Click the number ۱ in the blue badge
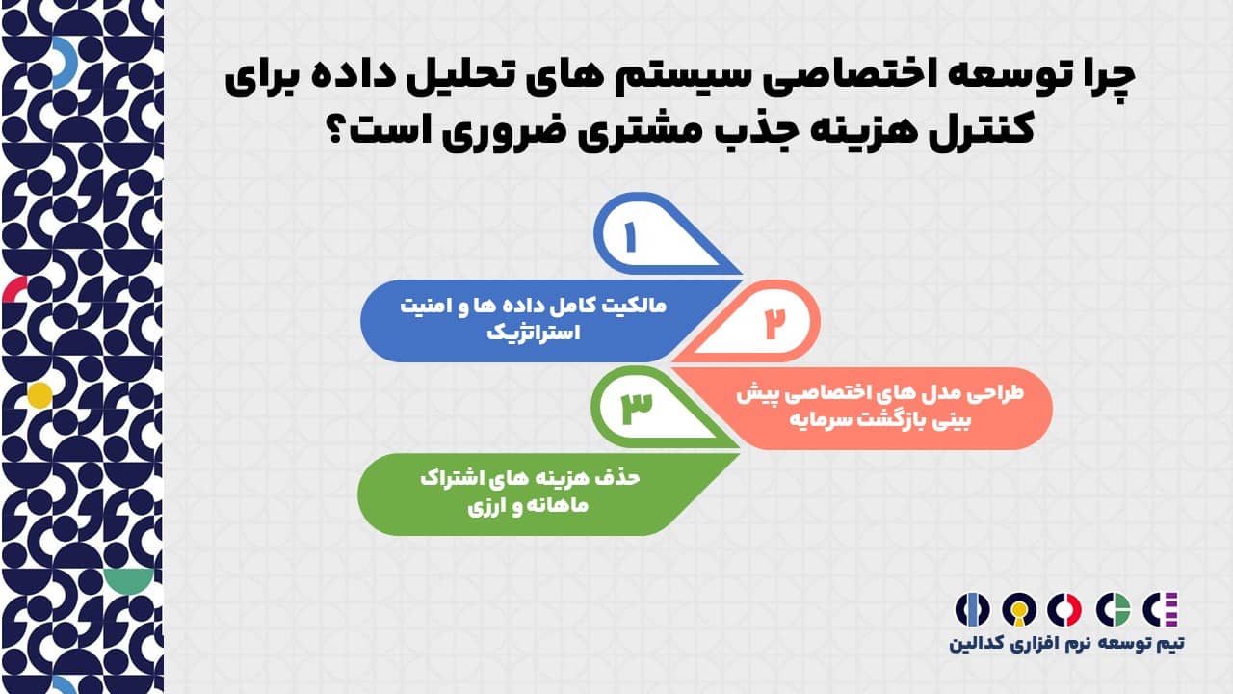click(x=630, y=237)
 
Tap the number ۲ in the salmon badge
click(x=774, y=323)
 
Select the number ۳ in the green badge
click(x=637, y=409)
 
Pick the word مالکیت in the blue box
click(x=633, y=306)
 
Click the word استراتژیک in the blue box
click(x=534, y=332)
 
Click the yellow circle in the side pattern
click(x=39, y=395)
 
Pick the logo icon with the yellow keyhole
click(x=1019, y=610)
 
